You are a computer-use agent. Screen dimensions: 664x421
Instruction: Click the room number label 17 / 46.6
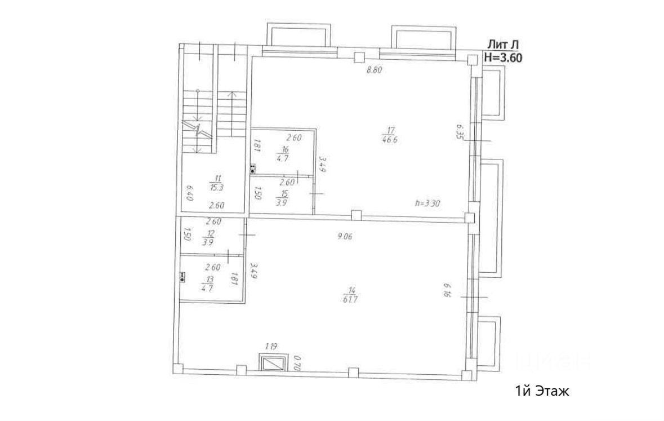coord(389,136)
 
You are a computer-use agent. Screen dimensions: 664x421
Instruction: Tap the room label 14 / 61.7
coord(350,294)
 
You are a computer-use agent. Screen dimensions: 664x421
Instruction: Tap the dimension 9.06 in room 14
coord(345,237)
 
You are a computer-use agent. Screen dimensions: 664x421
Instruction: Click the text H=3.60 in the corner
coord(503,57)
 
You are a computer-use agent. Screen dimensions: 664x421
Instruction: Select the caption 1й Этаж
coord(542,391)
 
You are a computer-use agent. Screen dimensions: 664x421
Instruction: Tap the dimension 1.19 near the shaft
coord(271,347)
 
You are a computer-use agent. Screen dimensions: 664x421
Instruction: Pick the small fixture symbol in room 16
coord(252,168)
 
